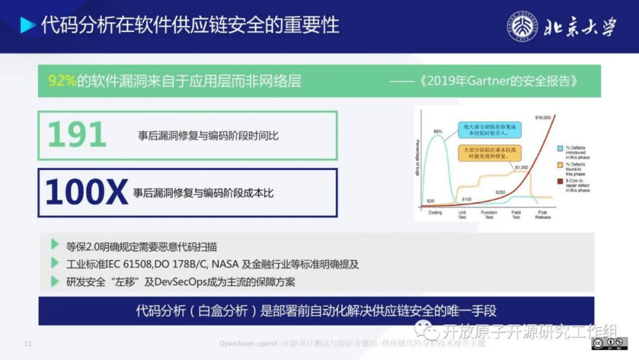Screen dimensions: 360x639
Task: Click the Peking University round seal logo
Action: pos(522,26)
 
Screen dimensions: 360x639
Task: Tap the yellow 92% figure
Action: pos(62,81)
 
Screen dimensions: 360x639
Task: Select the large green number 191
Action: pos(77,135)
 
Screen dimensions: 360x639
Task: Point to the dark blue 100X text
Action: pos(87,192)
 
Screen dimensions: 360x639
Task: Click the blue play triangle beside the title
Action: pos(27,25)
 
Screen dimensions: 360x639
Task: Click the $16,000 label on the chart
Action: pos(542,118)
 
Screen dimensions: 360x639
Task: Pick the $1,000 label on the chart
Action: pos(521,167)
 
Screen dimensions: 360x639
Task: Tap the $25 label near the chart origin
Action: pos(430,201)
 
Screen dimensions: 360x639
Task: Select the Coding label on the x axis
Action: pos(435,212)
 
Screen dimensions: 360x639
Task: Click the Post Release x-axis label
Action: pos(542,215)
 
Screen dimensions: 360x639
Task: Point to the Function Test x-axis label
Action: pos(489,215)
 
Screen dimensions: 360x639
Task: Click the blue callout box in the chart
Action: pos(489,130)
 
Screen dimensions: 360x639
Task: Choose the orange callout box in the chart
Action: pos(489,153)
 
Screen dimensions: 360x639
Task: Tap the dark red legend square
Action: pos(560,181)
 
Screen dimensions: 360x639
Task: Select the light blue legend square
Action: pos(560,148)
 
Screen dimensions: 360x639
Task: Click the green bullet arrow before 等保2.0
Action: pos(55,244)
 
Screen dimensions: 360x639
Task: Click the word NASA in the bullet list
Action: pos(225,264)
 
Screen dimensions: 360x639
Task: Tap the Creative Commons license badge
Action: pos(610,343)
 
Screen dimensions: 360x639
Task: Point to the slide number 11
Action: pos(28,343)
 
